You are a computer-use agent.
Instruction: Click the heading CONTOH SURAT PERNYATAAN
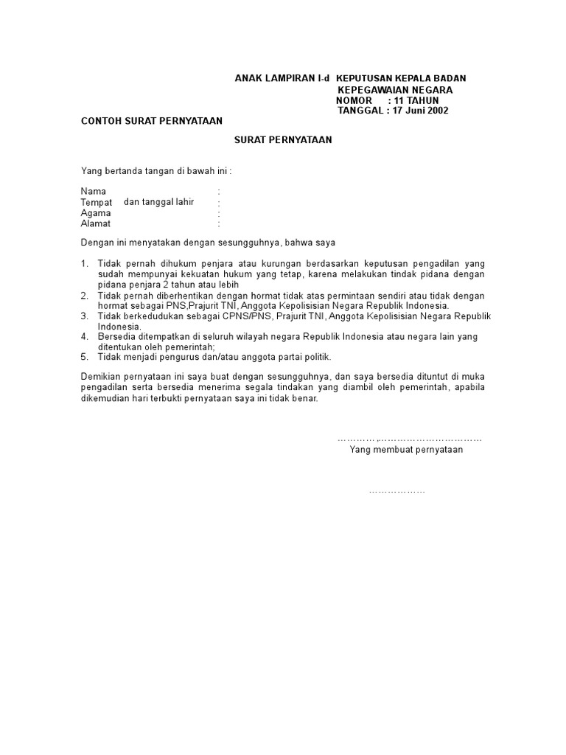click(x=151, y=121)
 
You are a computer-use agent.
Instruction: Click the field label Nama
click(x=93, y=192)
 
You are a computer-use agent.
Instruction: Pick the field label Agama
click(x=96, y=213)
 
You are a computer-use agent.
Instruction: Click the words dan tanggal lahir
click(x=158, y=202)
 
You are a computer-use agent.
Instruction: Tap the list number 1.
click(x=84, y=264)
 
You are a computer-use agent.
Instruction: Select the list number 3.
click(x=84, y=316)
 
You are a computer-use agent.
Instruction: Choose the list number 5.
click(x=84, y=357)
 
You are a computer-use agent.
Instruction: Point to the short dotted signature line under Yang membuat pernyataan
click(x=397, y=491)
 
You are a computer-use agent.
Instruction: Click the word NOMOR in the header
click(x=354, y=100)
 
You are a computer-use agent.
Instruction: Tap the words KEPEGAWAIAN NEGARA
click(x=395, y=90)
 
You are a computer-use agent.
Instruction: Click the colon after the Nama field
click(x=219, y=192)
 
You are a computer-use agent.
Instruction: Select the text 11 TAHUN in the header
click(x=416, y=100)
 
